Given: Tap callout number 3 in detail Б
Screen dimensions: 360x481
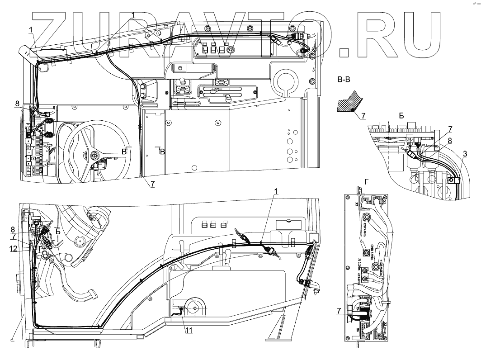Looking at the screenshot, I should (465, 155).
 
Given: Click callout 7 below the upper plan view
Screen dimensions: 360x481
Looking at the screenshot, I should (152, 184).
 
